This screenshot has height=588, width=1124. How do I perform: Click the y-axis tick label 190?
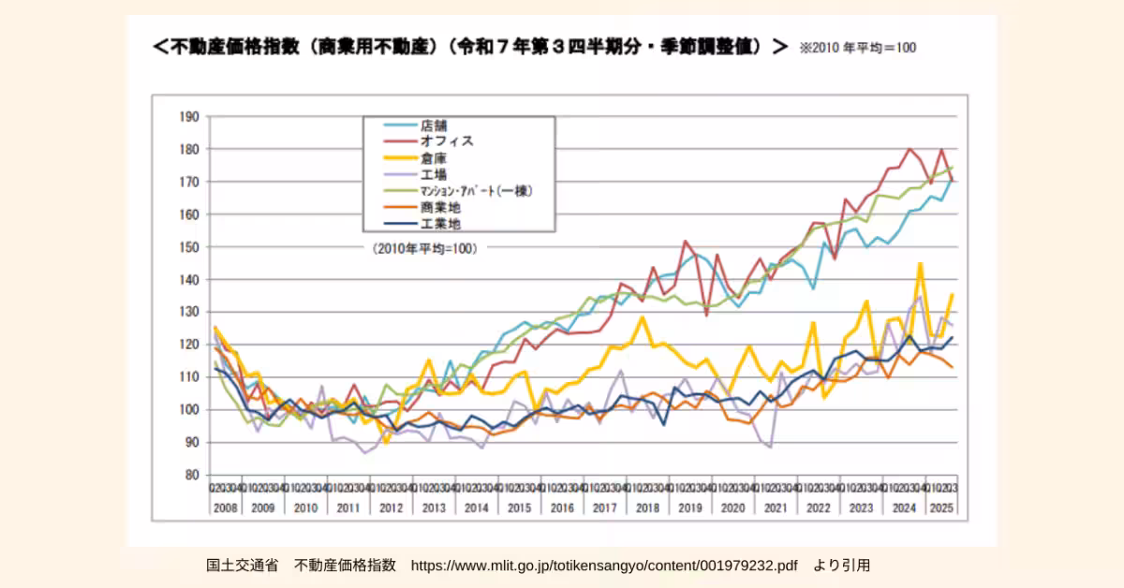[189, 117]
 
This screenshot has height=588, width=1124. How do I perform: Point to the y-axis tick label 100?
[189, 410]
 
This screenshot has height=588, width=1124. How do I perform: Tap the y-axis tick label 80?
[192, 475]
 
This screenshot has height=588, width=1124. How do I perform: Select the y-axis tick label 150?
[189, 247]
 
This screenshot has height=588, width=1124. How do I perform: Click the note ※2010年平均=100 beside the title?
[857, 48]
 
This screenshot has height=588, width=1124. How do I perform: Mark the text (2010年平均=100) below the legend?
[418, 249]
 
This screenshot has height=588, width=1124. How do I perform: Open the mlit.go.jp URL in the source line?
[604, 566]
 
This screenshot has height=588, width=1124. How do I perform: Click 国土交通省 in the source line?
[242, 566]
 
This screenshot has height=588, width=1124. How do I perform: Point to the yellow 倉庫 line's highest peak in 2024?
[920, 264]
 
